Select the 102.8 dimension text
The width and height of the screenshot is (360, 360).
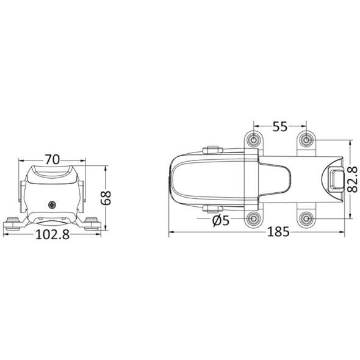click(x=51, y=235)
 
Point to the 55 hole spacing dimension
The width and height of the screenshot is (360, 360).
click(x=279, y=127)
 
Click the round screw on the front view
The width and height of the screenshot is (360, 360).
click(x=51, y=206)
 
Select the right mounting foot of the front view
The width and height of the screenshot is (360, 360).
click(x=92, y=223)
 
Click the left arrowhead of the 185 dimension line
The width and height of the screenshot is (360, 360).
click(x=171, y=232)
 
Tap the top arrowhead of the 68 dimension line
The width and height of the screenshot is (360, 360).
click(x=104, y=167)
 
